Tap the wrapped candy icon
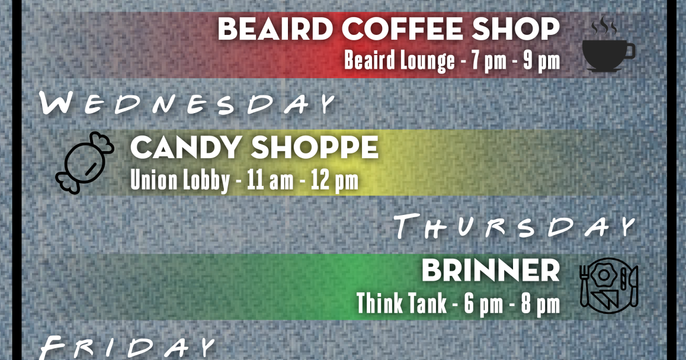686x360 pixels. [85, 163]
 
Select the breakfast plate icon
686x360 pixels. [608, 285]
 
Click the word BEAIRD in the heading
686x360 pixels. [275, 29]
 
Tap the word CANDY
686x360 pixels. [187, 147]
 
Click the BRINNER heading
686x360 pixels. [491, 271]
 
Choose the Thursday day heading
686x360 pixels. [514, 226]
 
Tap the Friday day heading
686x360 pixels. [127, 348]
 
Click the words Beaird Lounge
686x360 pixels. [399, 60]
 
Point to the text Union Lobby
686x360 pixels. [180, 180]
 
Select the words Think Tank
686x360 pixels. [402, 303]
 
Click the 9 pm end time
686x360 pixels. [541, 61]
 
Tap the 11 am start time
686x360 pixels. [270, 180]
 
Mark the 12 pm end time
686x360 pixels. [335, 180]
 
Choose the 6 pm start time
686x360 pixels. [483, 304]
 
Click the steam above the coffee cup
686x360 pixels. [605, 25]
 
